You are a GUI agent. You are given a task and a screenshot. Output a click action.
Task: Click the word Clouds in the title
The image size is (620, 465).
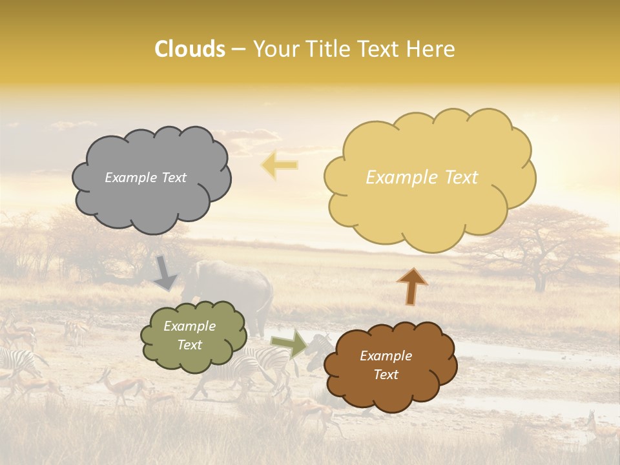coord(190,49)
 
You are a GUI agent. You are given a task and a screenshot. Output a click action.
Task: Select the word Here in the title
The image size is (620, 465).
coord(431,49)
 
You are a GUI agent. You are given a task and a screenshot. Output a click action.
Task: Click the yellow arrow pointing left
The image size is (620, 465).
coord(280,165)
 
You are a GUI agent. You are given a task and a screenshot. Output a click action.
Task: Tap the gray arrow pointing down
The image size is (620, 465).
coord(165,273)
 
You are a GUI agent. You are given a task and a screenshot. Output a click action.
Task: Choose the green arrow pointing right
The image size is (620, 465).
coord(289,344)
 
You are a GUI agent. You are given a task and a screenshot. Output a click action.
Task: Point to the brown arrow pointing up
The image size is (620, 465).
coord(411,286)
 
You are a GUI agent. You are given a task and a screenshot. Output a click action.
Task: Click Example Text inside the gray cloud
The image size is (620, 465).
coord(145,178)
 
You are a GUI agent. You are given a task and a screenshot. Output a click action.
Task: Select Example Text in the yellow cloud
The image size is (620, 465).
coord(422,178)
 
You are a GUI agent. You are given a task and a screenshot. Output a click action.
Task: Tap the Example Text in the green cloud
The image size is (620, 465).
coord(189,336)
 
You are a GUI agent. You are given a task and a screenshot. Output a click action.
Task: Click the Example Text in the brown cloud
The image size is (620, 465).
coord(386,365)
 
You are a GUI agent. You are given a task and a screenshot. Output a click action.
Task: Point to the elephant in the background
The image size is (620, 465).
coord(232,284)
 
